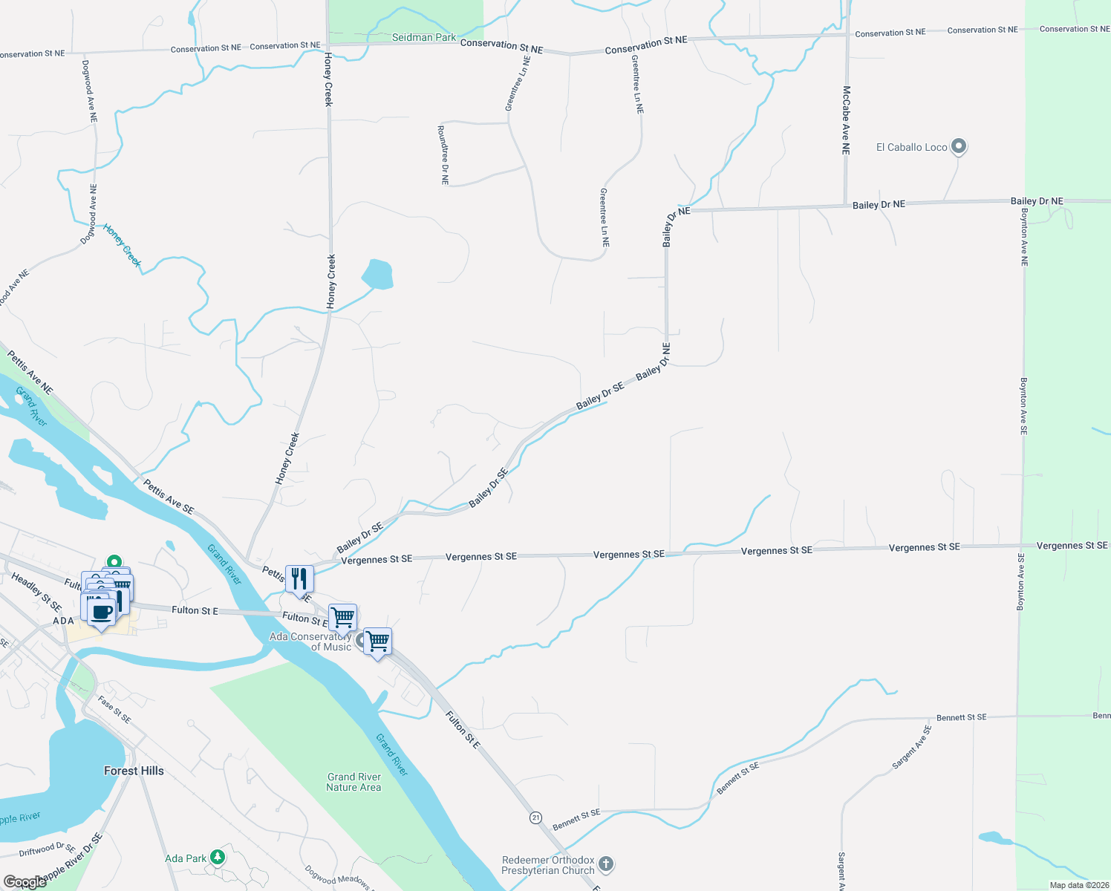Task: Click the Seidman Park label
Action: [x=424, y=37]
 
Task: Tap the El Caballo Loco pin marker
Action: [x=959, y=146]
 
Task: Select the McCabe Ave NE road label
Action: [x=846, y=120]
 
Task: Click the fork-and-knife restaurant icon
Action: [x=299, y=579]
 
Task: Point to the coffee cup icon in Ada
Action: [x=102, y=613]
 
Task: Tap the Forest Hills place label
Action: [x=134, y=771]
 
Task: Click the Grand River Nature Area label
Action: [x=353, y=782]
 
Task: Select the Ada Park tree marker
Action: [x=217, y=858]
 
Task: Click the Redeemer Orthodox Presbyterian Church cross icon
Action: [x=606, y=864]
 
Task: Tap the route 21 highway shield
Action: [x=535, y=817]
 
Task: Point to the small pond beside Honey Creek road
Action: [x=377, y=274]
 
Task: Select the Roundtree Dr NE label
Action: [x=443, y=154]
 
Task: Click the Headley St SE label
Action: [x=36, y=592]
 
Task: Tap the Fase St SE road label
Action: [x=114, y=709]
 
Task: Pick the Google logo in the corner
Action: [x=25, y=882]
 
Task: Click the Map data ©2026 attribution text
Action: [x=1079, y=885]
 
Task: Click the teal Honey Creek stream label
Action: [x=123, y=245]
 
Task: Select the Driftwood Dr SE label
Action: [x=47, y=849]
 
